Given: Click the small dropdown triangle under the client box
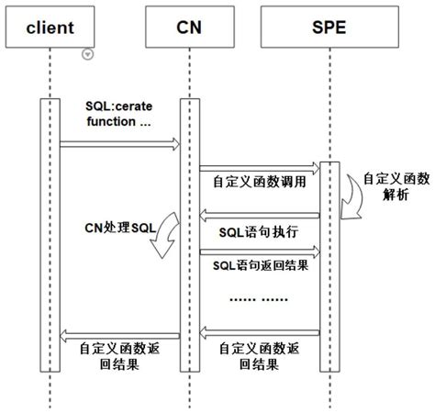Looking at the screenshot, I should pyautogui.click(x=87, y=55).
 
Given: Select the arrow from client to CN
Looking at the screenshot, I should pyautogui.click(x=120, y=143).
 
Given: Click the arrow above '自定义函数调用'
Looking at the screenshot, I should pyautogui.click(x=259, y=167).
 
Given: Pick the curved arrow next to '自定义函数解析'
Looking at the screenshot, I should pyautogui.click(x=351, y=200).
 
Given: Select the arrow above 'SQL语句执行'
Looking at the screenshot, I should pyautogui.click(x=259, y=215).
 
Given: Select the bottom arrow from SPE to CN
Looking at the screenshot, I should pyautogui.click(x=259, y=331).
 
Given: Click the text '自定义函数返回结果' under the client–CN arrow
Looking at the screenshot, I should pyautogui.click(x=117, y=356).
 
